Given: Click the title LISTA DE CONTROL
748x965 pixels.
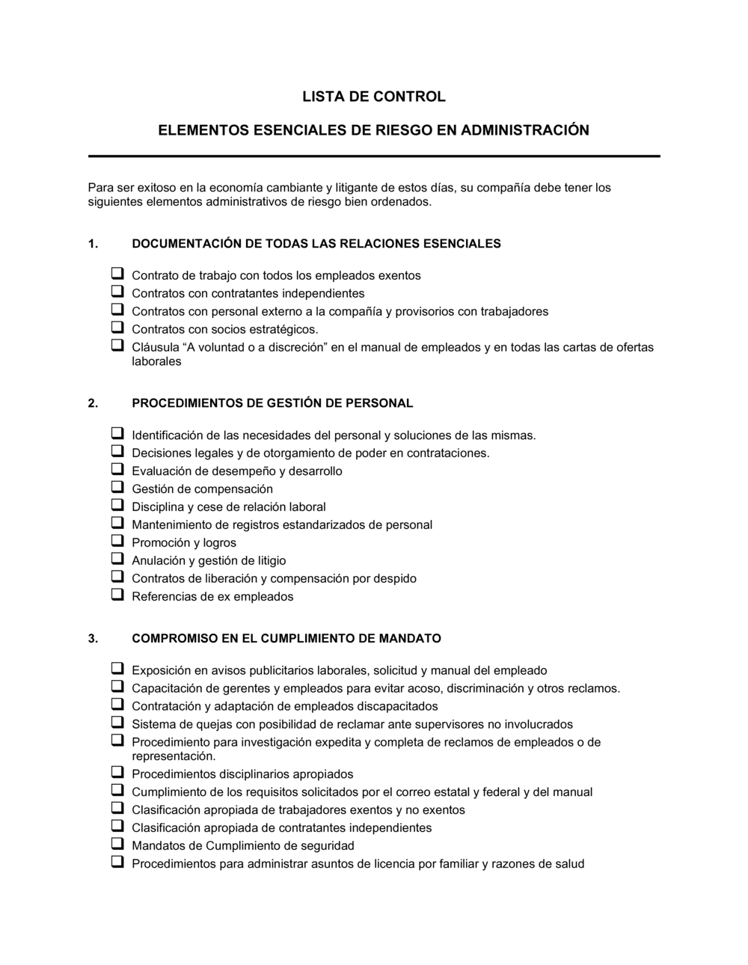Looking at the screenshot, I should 373,96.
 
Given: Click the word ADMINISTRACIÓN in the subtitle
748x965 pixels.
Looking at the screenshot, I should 524,130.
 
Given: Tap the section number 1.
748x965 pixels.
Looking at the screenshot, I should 93,244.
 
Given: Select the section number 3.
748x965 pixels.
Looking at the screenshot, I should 93,639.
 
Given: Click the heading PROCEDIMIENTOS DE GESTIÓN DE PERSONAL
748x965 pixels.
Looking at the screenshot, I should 272,403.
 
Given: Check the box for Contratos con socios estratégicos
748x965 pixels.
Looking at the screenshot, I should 117,328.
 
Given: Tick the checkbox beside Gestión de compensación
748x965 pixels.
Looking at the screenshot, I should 117,488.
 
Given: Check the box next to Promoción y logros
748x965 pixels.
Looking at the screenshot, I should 117,542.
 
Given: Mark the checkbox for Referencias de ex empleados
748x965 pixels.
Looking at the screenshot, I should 117,595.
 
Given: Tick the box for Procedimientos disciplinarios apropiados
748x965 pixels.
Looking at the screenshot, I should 117,773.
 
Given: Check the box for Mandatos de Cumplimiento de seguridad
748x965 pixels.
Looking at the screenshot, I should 117,845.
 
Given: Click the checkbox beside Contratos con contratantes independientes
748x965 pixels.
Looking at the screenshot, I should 117,292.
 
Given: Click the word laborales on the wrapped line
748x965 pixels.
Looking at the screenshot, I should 156,362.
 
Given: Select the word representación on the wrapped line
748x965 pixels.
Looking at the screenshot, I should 174,756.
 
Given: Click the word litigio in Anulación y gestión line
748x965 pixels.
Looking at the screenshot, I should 272,561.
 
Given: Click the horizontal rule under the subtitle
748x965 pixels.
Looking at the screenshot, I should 374,156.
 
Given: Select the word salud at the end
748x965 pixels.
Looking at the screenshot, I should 569,864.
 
